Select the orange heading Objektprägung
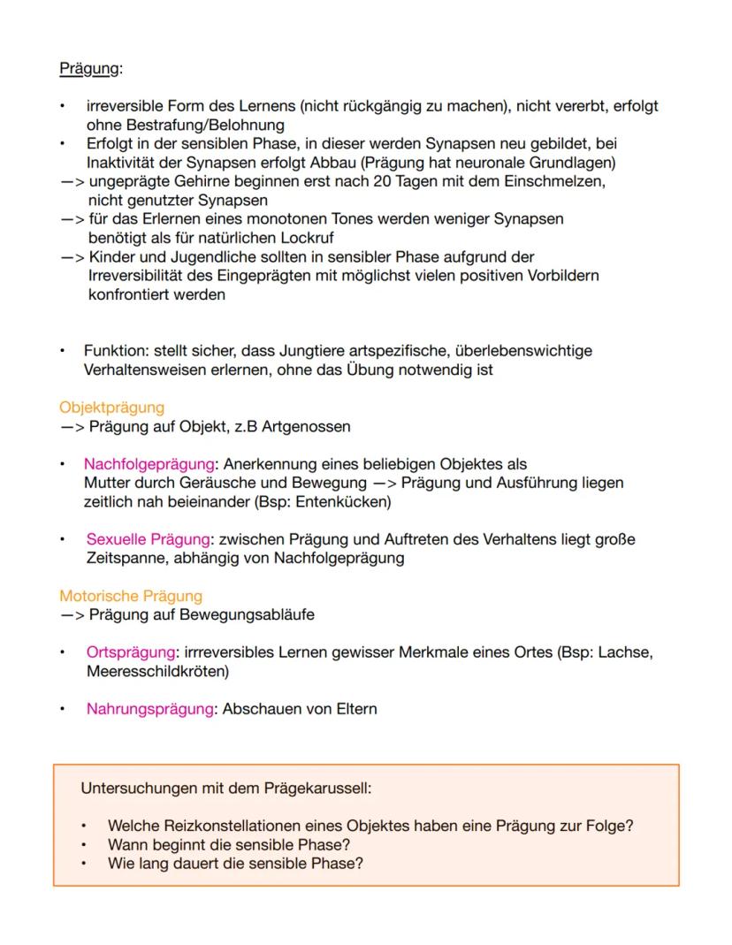click(x=111, y=408)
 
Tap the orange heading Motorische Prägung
click(x=131, y=596)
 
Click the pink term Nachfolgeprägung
click(x=149, y=464)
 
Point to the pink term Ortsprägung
click(x=130, y=652)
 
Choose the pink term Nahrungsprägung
click(x=149, y=709)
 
